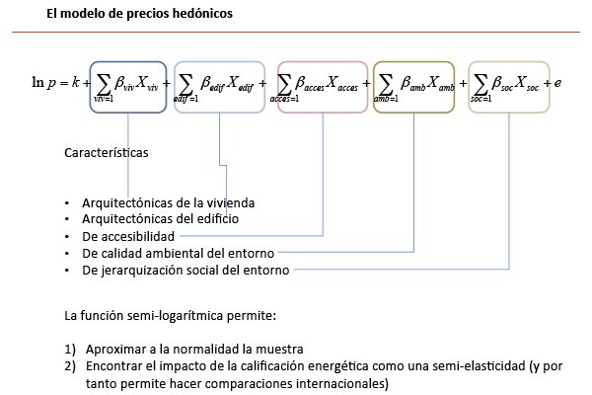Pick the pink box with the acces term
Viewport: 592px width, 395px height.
321,84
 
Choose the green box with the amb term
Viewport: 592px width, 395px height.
413,84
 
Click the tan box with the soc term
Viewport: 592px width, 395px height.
506,84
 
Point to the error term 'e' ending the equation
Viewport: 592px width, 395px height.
557,84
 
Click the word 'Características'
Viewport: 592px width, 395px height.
106,154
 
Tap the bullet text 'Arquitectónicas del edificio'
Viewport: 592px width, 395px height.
160,219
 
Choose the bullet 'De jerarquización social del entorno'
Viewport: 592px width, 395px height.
185,270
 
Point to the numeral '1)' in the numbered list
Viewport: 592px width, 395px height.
70,350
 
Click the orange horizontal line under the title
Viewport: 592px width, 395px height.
296,34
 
